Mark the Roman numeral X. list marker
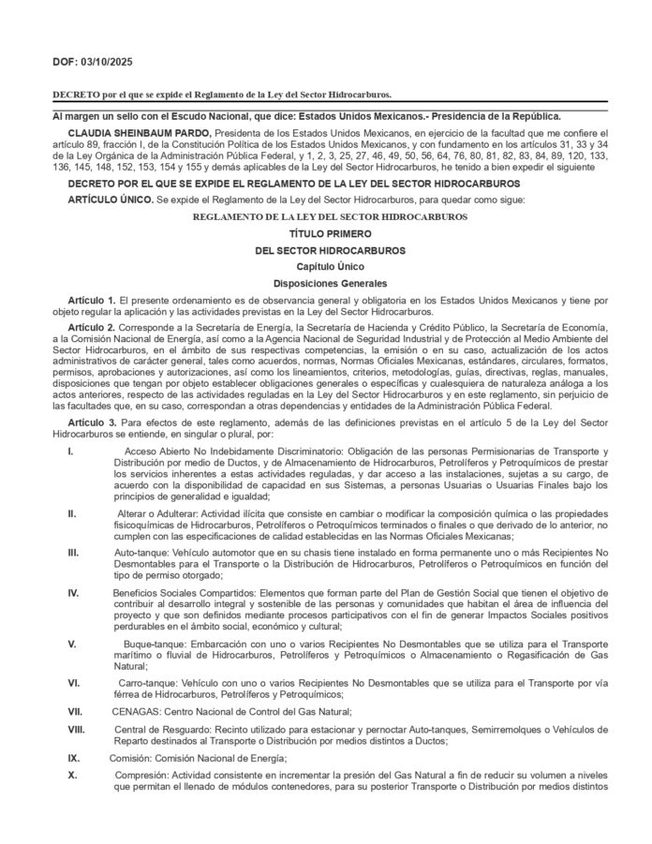[72, 776]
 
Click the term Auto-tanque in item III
[141, 553]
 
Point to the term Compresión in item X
[143, 776]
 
